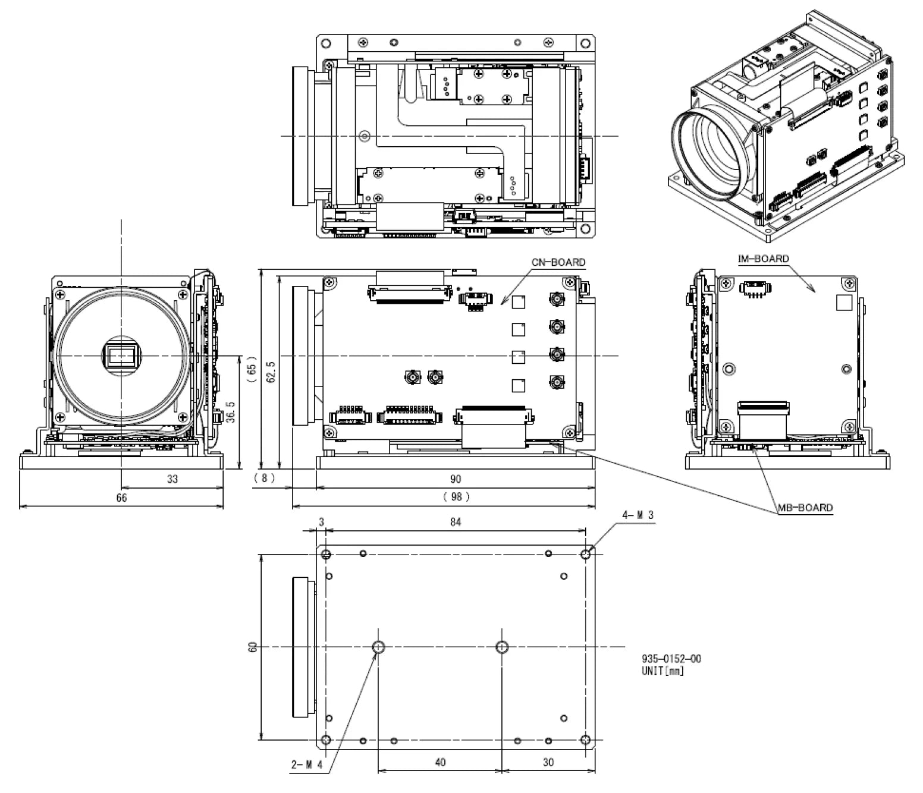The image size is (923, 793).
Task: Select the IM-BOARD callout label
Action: coord(764,259)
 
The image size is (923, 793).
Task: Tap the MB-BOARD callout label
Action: coord(805,508)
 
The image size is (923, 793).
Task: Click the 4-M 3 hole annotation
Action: coord(638,515)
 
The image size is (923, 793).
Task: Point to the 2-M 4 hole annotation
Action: coord(306,765)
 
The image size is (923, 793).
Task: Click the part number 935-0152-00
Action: coord(671,659)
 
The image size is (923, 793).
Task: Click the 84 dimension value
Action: coord(455,522)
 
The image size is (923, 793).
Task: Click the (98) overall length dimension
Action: coord(456,496)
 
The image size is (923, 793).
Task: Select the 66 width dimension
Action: coord(121,498)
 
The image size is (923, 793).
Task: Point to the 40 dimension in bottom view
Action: coord(440,762)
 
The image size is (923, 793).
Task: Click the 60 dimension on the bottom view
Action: coord(253,647)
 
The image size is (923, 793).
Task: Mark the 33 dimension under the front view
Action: coord(172,478)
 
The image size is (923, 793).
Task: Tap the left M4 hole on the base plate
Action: coord(378,647)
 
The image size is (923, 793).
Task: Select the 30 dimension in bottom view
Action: coord(548,762)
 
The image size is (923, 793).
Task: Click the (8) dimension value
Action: coord(264,478)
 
